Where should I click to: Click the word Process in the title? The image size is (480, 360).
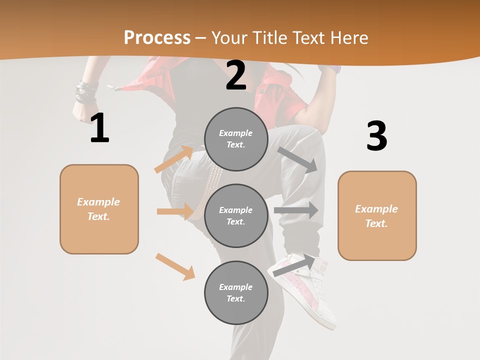[x=157, y=37]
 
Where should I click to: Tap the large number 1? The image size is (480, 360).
[x=99, y=128]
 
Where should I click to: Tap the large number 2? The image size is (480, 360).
[x=236, y=75]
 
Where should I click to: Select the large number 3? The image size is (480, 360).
[x=376, y=136]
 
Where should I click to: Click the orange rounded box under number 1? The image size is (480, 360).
[x=99, y=209]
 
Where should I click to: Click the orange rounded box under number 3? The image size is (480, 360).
[x=377, y=216]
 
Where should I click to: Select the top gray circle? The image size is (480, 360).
[x=236, y=139]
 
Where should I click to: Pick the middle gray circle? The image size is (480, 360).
[x=236, y=216]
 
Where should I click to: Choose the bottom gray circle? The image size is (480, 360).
[x=236, y=293]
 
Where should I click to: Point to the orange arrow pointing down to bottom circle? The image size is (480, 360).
[x=175, y=266]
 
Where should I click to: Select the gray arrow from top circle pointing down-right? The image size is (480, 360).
[x=298, y=159]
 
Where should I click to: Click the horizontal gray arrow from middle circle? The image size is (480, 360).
[x=296, y=210]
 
